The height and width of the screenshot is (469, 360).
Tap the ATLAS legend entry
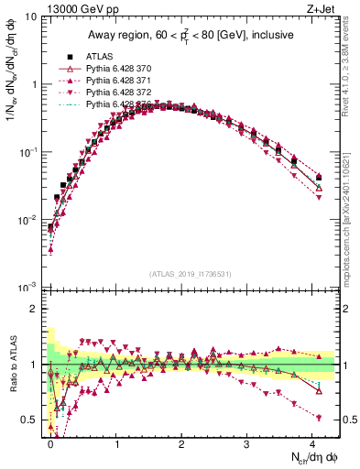click(100, 55)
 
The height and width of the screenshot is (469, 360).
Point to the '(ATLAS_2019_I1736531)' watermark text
click(190, 274)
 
